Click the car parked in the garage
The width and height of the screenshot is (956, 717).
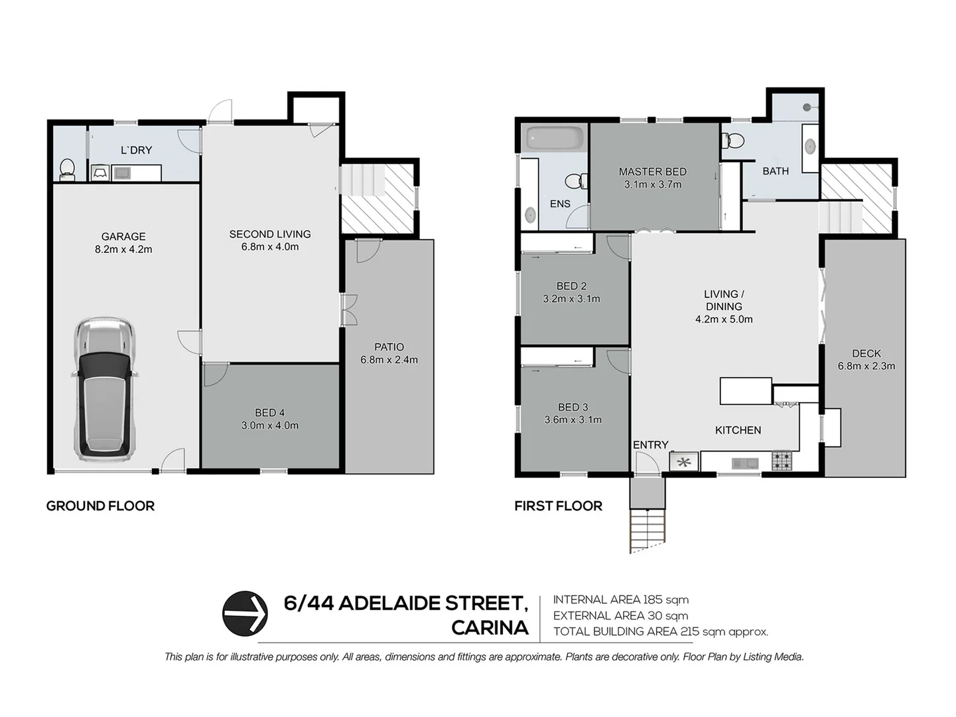point(104,389)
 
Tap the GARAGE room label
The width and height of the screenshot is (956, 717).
point(123,236)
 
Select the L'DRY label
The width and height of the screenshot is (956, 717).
point(136,150)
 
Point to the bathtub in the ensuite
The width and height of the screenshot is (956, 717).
point(555,139)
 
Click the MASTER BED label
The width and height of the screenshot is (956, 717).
point(652,171)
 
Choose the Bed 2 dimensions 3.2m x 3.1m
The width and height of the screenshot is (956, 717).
point(571,299)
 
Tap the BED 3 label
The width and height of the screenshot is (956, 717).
point(573,407)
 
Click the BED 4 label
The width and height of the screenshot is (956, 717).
point(269,413)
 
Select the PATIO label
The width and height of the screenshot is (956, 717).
point(389,347)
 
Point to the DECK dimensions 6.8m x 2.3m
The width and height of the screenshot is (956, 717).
point(866,366)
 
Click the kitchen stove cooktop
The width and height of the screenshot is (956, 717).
point(782,461)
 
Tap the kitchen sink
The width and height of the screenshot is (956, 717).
point(745,463)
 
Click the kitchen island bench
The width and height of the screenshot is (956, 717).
point(746,391)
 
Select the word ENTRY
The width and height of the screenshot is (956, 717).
point(650,445)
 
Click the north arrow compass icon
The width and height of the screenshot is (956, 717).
point(245,613)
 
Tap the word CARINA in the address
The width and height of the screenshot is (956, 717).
point(490,627)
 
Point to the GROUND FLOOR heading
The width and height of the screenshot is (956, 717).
point(100,506)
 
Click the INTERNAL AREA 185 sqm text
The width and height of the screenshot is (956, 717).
point(620,599)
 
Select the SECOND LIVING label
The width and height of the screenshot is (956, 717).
point(270,234)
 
